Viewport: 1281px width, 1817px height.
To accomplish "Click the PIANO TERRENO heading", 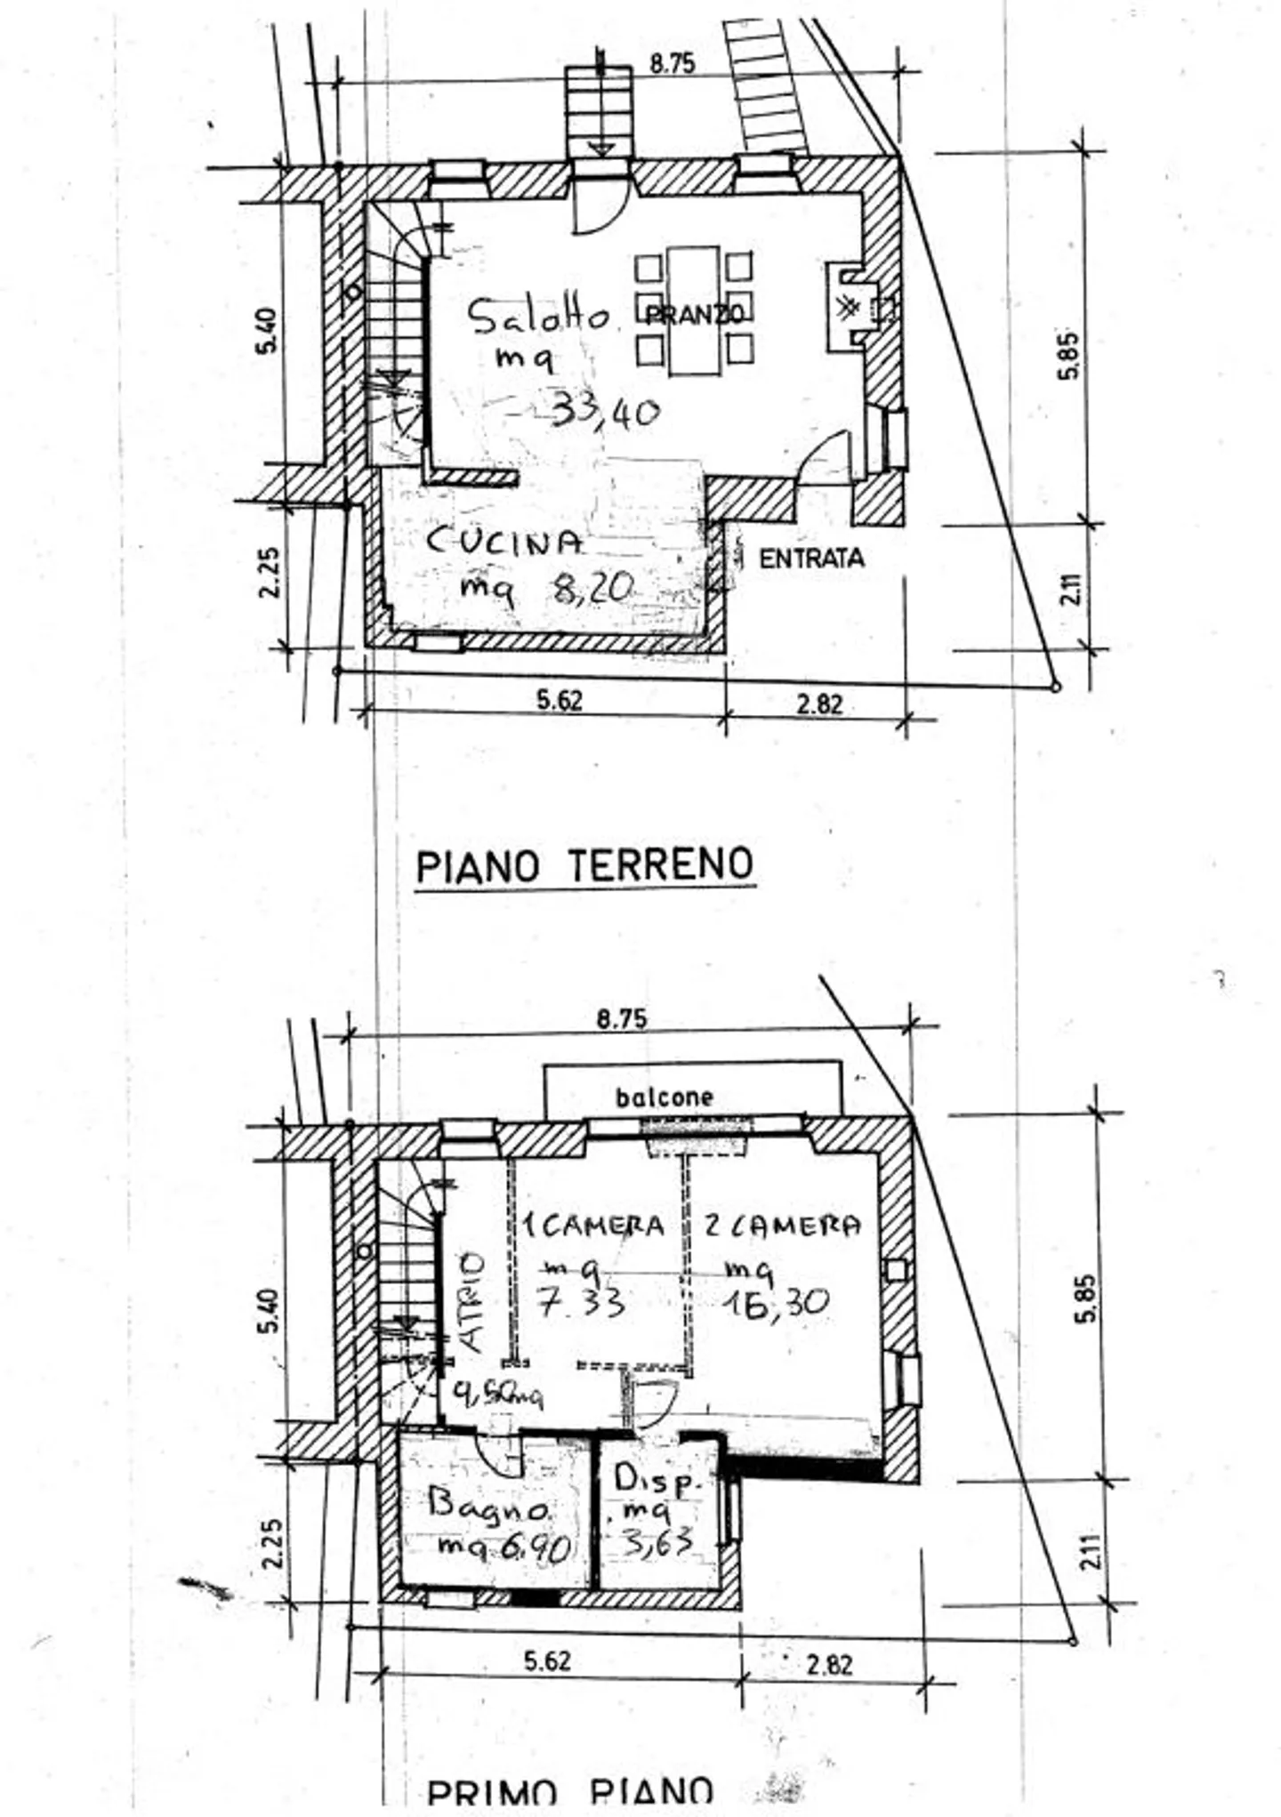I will (585, 864).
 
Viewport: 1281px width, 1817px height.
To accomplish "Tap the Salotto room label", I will (539, 317).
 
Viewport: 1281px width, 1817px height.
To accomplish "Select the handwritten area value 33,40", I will (606, 412).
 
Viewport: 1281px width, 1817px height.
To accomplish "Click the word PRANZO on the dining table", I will (694, 314).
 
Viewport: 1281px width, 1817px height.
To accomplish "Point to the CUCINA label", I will (505, 542).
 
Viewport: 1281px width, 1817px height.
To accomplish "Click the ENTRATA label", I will (811, 559).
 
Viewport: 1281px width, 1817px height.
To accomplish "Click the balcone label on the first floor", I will (664, 1097).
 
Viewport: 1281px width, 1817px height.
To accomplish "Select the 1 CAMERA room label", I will (593, 1226).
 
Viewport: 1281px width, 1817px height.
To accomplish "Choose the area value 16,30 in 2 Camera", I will (776, 1304).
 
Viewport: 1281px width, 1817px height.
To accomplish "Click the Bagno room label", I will (487, 1506).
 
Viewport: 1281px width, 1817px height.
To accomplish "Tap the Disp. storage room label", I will (657, 1481).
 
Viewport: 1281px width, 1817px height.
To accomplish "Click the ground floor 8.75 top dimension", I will (672, 64).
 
